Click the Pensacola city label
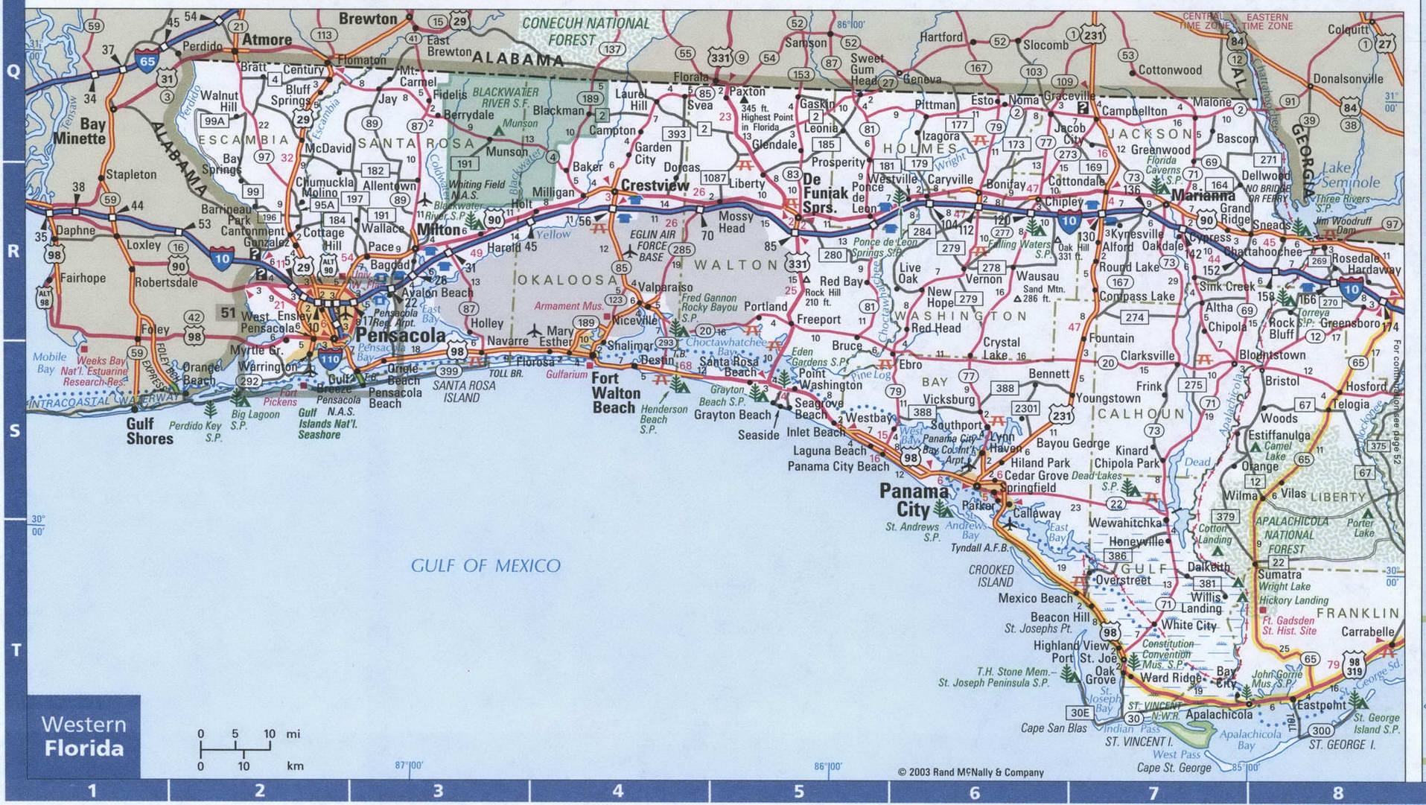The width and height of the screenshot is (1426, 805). pos(401,335)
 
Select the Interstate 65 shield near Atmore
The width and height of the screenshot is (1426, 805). pos(147,59)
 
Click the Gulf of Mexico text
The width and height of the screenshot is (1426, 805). pos(486,566)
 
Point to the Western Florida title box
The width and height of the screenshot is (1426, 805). pos(83,736)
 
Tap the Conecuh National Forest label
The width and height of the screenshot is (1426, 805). pos(585,31)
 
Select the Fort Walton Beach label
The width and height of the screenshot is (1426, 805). pos(616,393)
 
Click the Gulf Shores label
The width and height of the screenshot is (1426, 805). pos(150,431)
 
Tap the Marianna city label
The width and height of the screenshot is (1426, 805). pos(1203,196)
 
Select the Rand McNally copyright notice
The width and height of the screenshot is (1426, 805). pos(971,772)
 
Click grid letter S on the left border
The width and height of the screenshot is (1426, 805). pos(13,431)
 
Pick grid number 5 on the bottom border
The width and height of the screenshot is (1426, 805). pos(799,792)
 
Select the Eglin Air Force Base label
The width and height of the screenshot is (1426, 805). pos(654,245)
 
